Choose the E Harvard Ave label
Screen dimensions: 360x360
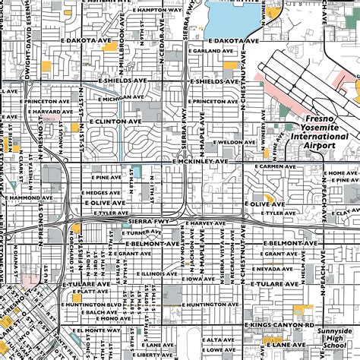[x=27, y=112]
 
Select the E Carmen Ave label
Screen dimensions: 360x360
[x=273, y=166]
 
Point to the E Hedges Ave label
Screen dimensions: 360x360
[x=106, y=193]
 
